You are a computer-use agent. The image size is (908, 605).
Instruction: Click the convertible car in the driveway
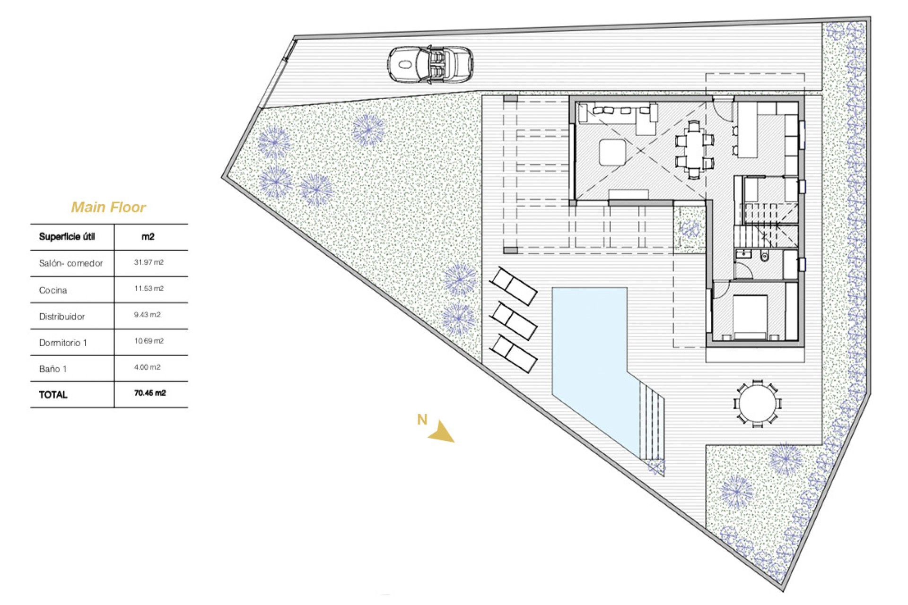tap(430, 65)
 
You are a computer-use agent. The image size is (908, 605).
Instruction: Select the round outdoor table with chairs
tap(757, 404)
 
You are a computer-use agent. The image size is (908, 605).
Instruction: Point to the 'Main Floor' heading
tap(108, 207)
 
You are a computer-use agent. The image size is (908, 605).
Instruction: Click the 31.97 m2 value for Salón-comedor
tap(148, 262)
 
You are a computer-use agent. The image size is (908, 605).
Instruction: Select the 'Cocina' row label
tap(53, 290)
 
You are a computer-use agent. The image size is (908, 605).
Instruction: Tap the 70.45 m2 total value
tap(150, 393)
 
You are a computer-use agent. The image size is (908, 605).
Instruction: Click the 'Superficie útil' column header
tap(67, 237)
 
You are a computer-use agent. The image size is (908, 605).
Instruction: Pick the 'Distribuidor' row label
tap(62, 317)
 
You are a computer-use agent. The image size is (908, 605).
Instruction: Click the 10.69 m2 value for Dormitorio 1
tap(148, 341)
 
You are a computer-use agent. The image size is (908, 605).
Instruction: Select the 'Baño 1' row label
tap(52, 369)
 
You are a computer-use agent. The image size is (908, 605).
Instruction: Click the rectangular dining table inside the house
tap(694, 149)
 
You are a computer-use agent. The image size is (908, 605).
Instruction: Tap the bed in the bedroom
tap(750, 316)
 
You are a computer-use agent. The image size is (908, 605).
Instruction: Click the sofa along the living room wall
tap(620, 116)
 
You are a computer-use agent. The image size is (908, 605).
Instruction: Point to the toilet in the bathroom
tap(764, 257)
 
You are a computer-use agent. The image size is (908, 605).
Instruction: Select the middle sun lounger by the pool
tap(513, 321)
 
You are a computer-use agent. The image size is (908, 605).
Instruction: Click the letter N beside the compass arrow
tap(422, 420)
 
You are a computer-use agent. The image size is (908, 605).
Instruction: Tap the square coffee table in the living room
tap(612, 152)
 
